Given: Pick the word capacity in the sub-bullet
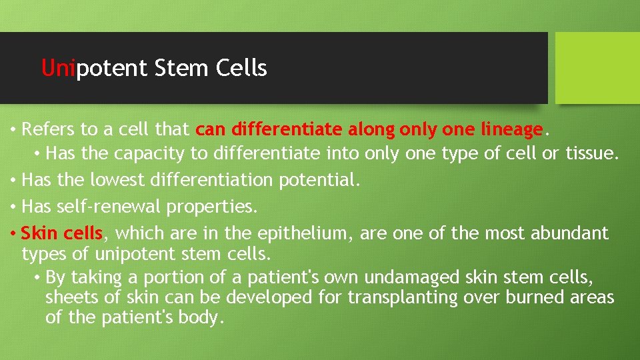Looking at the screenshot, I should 151,154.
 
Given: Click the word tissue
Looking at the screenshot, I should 591,154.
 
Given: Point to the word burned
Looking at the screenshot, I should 535,297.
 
